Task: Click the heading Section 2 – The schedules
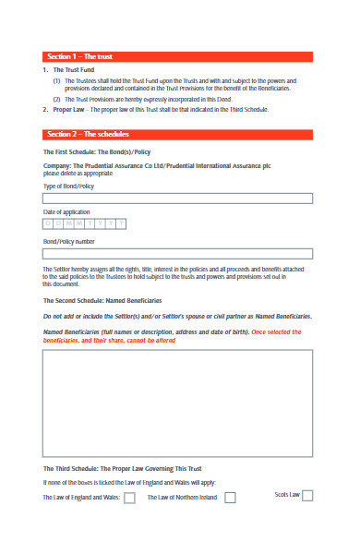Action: (x=88, y=134)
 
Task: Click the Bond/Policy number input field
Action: (x=178, y=255)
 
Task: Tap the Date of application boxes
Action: (x=84, y=223)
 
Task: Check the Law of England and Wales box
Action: (x=130, y=497)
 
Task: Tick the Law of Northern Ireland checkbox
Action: (x=230, y=497)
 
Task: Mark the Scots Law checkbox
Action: (x=307, y=495)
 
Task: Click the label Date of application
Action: (x=66, y=212)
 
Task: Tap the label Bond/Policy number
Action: (x=69, y=242)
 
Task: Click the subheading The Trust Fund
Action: (x=73, y=70)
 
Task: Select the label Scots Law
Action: (x=287, y=495)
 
